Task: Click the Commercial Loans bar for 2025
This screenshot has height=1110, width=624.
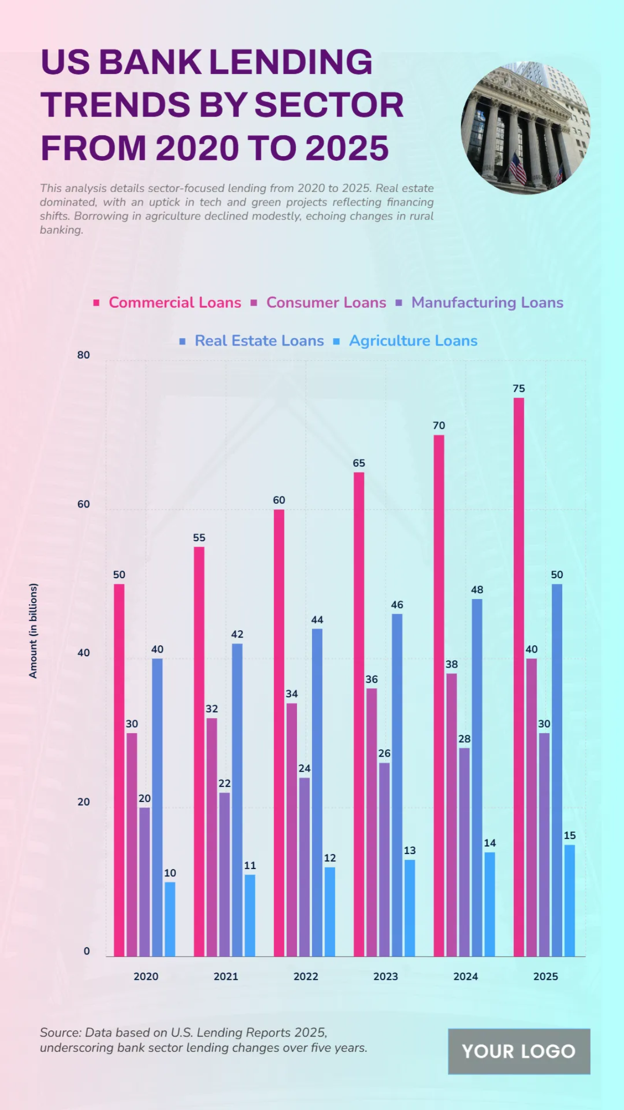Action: click(518, 677)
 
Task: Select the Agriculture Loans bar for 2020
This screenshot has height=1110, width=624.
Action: click(170, 919)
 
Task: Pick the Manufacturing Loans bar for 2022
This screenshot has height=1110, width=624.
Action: click(304, 866)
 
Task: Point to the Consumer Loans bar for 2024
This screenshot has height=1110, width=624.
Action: click(451, 814)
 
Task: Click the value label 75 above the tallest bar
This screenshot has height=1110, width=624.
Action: click(518, 389)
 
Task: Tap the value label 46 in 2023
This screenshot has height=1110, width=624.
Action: click(397, 605)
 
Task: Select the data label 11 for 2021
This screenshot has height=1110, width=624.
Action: click(250, 865)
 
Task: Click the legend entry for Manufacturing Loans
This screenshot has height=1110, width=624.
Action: click(487, 302)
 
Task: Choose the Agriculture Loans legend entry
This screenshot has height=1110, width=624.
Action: click(413, 341)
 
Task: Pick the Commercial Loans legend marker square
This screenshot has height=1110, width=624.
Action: click(96, 303)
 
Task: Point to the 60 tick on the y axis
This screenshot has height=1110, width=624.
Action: click(83, 504)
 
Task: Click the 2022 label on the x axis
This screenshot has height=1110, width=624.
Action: click(306, 977)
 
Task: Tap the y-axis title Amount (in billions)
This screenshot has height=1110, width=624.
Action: click(33, 630)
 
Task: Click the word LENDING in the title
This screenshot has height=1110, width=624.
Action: click(291, 62)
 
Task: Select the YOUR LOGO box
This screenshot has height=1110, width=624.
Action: click(518, 1051)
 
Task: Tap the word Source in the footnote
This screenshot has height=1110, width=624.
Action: click(60, 1032)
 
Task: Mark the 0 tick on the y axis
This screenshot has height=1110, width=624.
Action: click(86, 951)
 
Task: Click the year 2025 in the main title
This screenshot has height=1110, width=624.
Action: click(347, 148)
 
